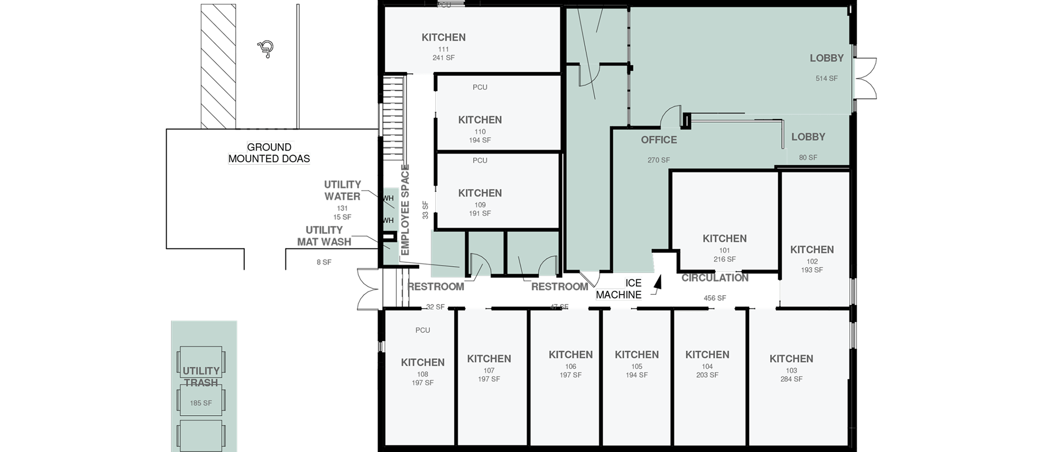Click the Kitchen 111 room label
click(443, 37)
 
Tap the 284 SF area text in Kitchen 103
click(791, 379)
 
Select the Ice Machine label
click(619, 289)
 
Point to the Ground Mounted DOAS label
click(269, 152)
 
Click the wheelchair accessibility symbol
click(266, 49)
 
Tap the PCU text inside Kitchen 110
click(479, 87)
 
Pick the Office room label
click(659, 140)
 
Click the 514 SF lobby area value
click(826, 79)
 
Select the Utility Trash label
click(201, 377)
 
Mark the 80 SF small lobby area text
click(808, 157)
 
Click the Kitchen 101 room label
click(724, 238)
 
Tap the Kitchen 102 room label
click(811, 249)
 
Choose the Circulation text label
click(714, 278)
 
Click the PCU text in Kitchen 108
click(422, 330)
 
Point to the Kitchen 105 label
click(636, 354)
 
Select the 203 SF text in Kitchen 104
click(707, 375)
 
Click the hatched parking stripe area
click(218, 66)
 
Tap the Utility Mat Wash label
click(324, 236)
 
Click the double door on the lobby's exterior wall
click(865, 79)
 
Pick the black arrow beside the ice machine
click(658, 285)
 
